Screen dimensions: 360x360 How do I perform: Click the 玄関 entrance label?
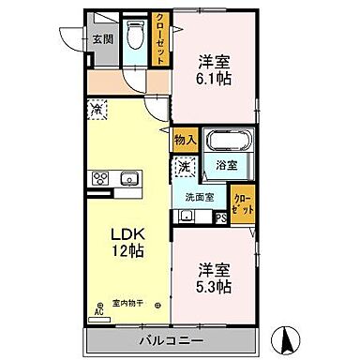tap(102, 38)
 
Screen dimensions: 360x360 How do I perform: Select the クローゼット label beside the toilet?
tap(160, 37)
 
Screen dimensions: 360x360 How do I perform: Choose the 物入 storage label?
tap(185, 140)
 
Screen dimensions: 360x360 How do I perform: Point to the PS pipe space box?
tap(220, 219)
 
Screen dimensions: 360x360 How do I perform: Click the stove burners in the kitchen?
tap(97, 179)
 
